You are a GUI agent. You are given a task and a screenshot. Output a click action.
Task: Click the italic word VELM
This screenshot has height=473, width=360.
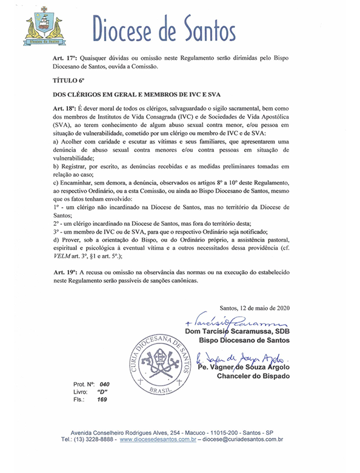tap(63, 256)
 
